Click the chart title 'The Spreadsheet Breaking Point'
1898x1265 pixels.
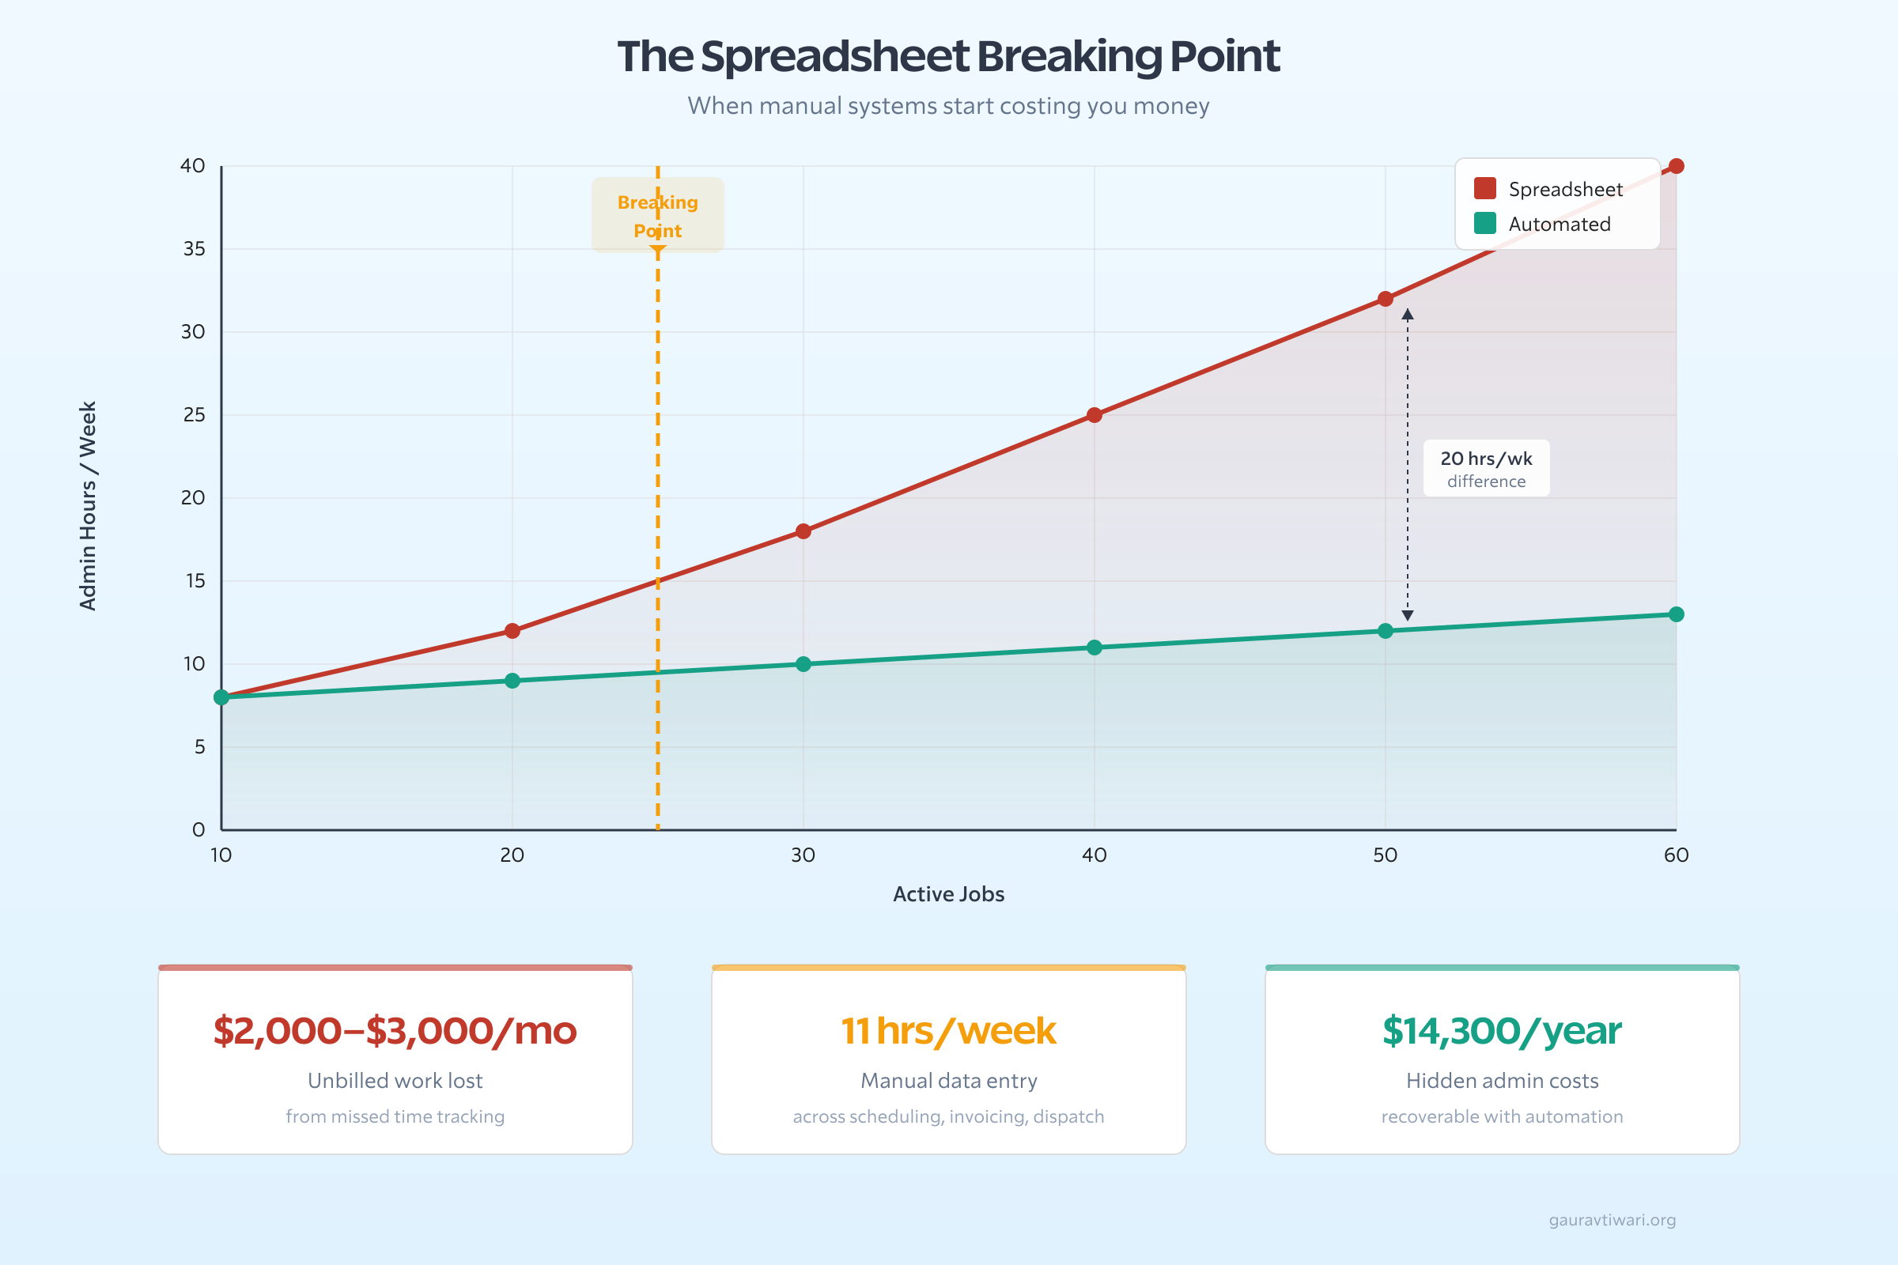pyautogui.click(x=948, y=56)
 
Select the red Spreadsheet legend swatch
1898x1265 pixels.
pyautogui.click(x=1485, y=188)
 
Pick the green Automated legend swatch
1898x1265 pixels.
pyautogui.click(x=1485, y=224)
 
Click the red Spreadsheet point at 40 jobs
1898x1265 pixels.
pyautogui.click(x=1095, y=414)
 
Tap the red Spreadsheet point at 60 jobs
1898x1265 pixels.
pyautogui.click(x=1676, y=166)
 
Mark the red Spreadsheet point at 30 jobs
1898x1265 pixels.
pyautogui.click(x=803, y=531)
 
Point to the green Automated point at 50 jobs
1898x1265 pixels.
pyautogui.click(x=1386, y=631)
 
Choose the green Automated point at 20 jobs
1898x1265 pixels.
pyautogui.click(x=512, y=681)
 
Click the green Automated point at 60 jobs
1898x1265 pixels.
pyautogui.click(x=1676, y=615)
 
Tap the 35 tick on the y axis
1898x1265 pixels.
pyautogui.click(x=195, y=249)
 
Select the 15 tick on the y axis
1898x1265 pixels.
pyautogui.click(x=195, y=581)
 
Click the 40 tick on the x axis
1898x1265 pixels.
pyautogui.click(x=1095, y=855)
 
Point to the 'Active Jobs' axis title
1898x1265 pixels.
pyautogui.click(x=948, y=894)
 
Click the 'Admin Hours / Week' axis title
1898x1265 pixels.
pyautogui.click(x=88, y=506)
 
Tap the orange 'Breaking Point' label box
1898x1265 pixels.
pyautogui.click(x=658, y=215)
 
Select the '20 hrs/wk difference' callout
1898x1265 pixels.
pyautogui.click(x=1486, y=468)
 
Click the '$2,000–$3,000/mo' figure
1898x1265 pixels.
pyautogui.click(x=395, y=1031)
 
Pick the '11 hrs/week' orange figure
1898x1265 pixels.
pyautogui.click(x=948, y=1031)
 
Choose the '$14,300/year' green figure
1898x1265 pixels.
pyautogui.click(x=1502, y=1031)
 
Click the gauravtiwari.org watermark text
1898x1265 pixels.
pyautogui.click(x=1612, y=1220)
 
